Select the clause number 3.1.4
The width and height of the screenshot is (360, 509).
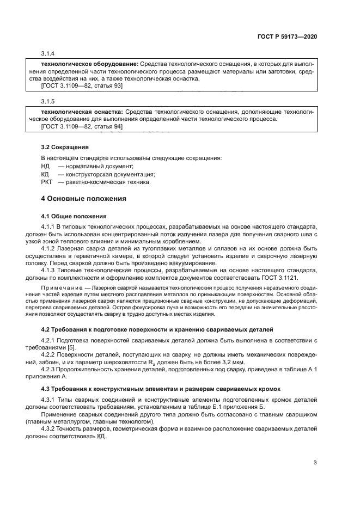(48, 53)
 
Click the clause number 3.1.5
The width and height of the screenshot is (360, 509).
(48, 102)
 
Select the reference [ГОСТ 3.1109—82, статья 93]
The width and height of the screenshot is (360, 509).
(82, 85)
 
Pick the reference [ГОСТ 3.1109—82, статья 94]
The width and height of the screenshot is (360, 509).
(82, 126)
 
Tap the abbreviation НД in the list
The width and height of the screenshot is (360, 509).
(45, 166)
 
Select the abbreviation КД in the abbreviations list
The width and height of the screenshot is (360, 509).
(45, 174)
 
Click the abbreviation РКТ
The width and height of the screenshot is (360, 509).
(47, 182)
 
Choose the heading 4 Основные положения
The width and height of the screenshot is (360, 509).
(84, 199)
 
